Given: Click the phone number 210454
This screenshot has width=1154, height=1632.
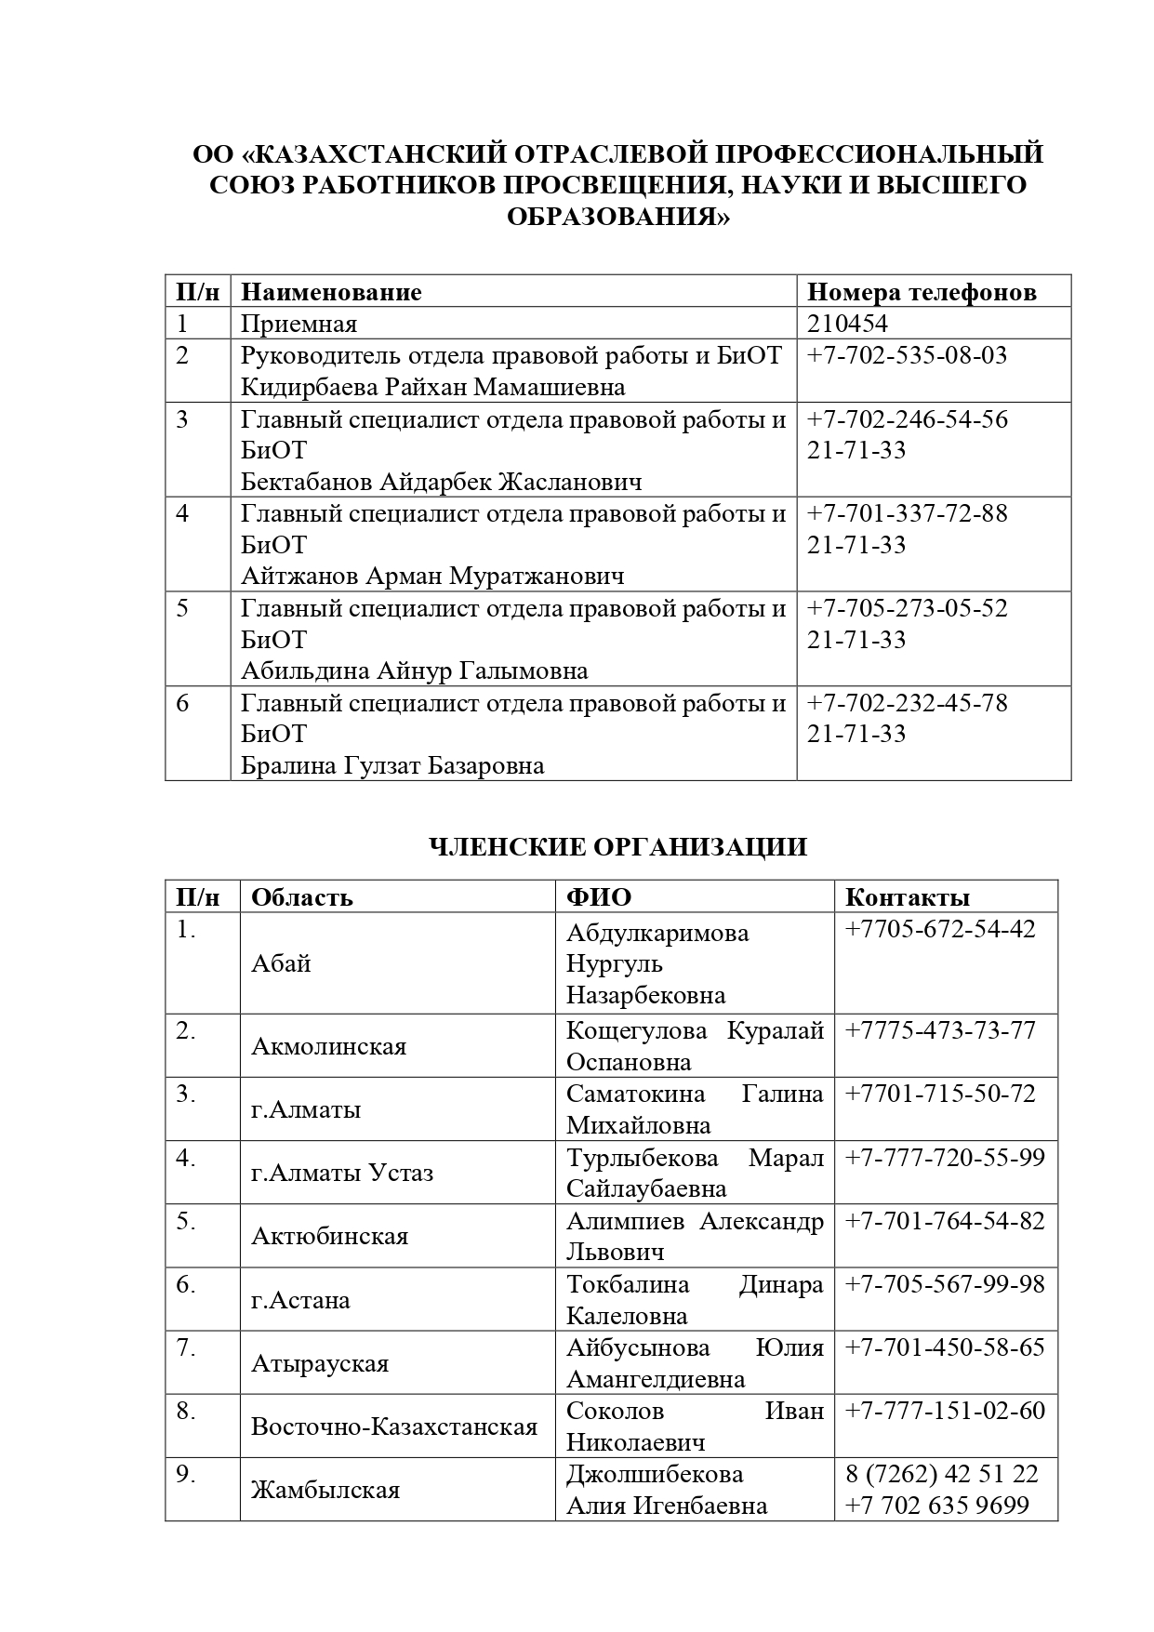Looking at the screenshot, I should (x=847, y=324).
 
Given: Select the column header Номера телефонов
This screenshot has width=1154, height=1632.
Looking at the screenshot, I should (x=921, y=292).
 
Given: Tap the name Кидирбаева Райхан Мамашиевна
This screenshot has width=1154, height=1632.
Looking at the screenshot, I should (x=432, y=387).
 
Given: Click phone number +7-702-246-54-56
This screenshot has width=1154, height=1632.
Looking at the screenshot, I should (x=907, y=419).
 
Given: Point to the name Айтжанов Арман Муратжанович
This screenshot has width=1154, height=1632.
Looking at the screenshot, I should (x=432, y=577).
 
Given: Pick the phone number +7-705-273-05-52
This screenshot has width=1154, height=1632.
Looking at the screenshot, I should (x=907, y=608).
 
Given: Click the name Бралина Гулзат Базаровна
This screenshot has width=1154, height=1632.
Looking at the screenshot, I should (x=392, y=765).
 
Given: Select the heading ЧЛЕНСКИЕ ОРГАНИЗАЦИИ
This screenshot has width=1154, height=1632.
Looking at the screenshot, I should (x=617, y=847).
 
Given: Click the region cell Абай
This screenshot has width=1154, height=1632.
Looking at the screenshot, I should (x=281, y=963).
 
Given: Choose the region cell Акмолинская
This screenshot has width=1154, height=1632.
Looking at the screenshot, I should (x=328, y=1046).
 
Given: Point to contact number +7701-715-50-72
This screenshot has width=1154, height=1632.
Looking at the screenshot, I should (x=939, y=1094).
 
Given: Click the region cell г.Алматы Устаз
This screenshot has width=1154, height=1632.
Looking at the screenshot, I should (x=342, y=1173).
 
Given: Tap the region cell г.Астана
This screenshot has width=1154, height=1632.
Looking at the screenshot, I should (x=300, y=1299).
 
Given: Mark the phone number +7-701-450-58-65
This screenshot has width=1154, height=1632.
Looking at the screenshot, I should (x=944, y=1347).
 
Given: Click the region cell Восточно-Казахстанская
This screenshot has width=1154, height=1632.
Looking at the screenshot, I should (x=394, y=1426).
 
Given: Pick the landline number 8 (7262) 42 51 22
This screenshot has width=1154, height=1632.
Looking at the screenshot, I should (x=941, y=1474).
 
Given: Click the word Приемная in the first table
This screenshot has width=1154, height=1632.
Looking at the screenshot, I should (x=298, y=324).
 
